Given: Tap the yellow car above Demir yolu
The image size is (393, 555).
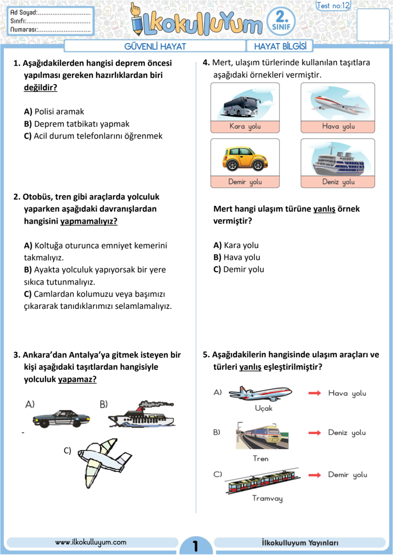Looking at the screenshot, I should (x=245, y=159).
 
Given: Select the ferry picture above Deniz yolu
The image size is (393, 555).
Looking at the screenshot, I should (x=338, y=160).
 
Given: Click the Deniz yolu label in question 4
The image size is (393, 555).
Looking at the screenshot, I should (x=338, y=182).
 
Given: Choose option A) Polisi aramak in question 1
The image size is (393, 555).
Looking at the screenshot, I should (x=54, y=112).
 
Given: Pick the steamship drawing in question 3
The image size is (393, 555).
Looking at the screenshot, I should (x=141, y=415).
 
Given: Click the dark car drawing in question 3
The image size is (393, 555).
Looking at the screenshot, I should (x=61, y=418).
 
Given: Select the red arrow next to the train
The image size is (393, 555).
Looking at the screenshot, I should (x=314, y=433).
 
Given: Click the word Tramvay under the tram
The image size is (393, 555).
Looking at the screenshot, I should (x=267, y=498).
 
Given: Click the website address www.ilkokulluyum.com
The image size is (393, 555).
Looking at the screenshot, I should (x=91, y=542).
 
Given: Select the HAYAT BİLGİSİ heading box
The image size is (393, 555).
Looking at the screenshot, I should (x=280, y=46).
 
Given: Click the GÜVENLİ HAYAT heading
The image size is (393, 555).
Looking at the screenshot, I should (x=155, y=46).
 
